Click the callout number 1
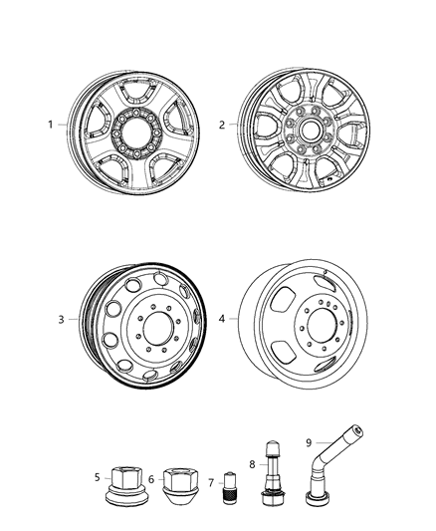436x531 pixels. pos(51,125)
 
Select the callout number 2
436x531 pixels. pos(222,125)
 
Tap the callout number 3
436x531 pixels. pos(61,320)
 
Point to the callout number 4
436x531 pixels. pos(222,319)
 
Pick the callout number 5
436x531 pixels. pos(98,477)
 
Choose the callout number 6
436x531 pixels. pos(151,479)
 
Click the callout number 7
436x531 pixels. pos(211,483)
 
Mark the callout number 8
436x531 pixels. pos(252,464)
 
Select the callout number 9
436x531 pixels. pos(309,442)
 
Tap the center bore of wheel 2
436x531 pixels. pos(309,131)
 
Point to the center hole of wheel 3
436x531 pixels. pos(159,329)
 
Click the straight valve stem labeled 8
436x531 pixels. pos(273,473)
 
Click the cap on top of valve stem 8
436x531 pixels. pos(273,447)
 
